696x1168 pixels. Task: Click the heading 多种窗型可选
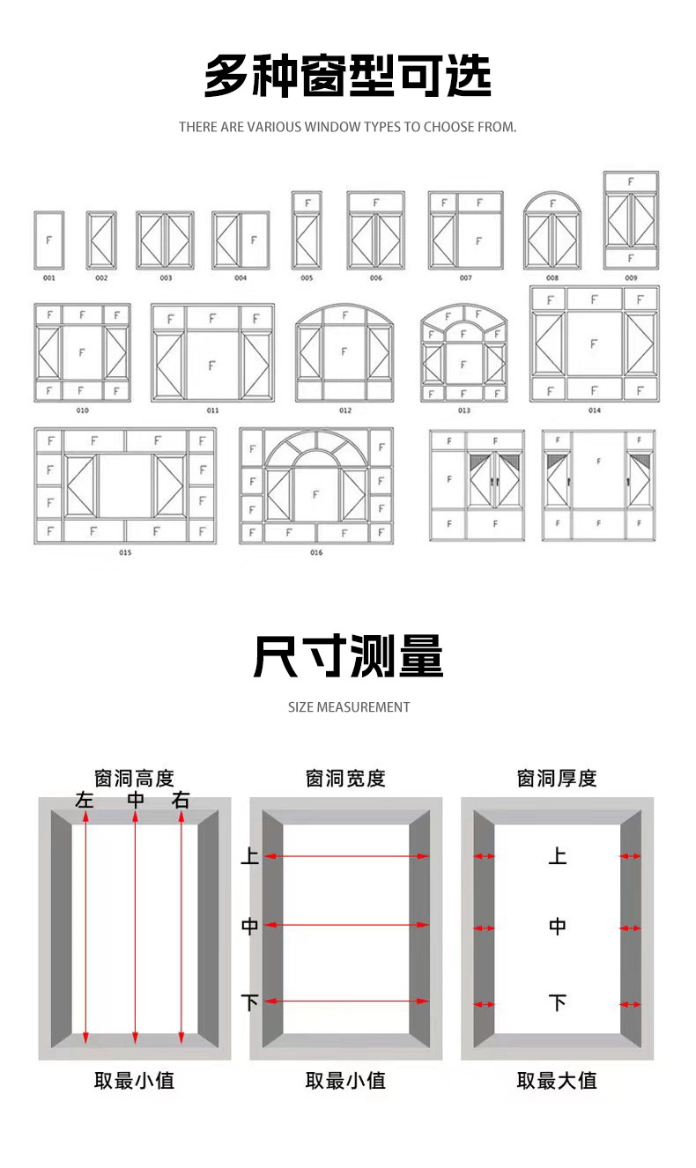click(x=347, y=77)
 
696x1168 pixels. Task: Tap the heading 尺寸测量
click(x=348, y=656)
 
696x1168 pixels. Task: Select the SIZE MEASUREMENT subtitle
click(x=348, y=706)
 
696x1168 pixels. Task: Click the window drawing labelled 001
click(x=48, y=240)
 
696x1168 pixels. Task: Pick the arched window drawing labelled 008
click(x=552, y=231)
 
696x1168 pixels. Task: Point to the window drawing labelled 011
click(x=212, y=352)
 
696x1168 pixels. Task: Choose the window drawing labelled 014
click(x=594, y=344)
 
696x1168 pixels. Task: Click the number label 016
click(x=316, y=552)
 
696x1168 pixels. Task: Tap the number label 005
click(x=307, y=278)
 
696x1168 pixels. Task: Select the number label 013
click(x=464, y=410)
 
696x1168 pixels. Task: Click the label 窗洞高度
click(x=134, y=779)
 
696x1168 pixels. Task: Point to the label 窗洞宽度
click(x=345, y=779)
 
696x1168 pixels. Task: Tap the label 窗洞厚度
click(x=557, y=779)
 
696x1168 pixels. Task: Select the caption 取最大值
click(x=557, y=1081)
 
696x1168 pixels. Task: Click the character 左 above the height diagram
click(x=85, y=801)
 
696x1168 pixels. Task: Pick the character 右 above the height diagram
click(x=181, y=801)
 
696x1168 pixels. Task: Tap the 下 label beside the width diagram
click(x=250, y=1002)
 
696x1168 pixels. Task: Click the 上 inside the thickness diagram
click(x=557, y=855)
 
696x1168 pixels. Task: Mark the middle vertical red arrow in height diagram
click(x=135, y=925)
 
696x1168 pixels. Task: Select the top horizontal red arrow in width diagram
click(x=346, y=855)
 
